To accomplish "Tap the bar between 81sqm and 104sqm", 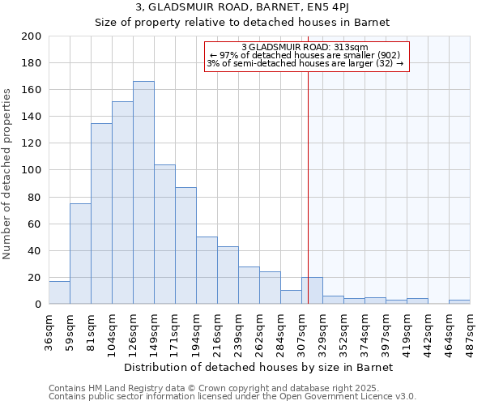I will (x=101, y=214).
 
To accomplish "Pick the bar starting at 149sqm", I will (x=164, y=234).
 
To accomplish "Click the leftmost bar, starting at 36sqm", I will (x=59, y=292).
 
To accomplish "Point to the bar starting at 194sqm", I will (x=207, y=271).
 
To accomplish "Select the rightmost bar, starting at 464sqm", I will (x=459, y=302).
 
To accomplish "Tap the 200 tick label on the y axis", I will (x=32, y=36).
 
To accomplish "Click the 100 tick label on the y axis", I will (x=32, y=170).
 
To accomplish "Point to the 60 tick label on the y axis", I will (x=35, y=224).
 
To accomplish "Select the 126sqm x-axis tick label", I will (x=133, y=330).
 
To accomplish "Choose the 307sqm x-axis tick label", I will (x=301, y=330).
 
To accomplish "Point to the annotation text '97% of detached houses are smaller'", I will (x=306, y=55).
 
